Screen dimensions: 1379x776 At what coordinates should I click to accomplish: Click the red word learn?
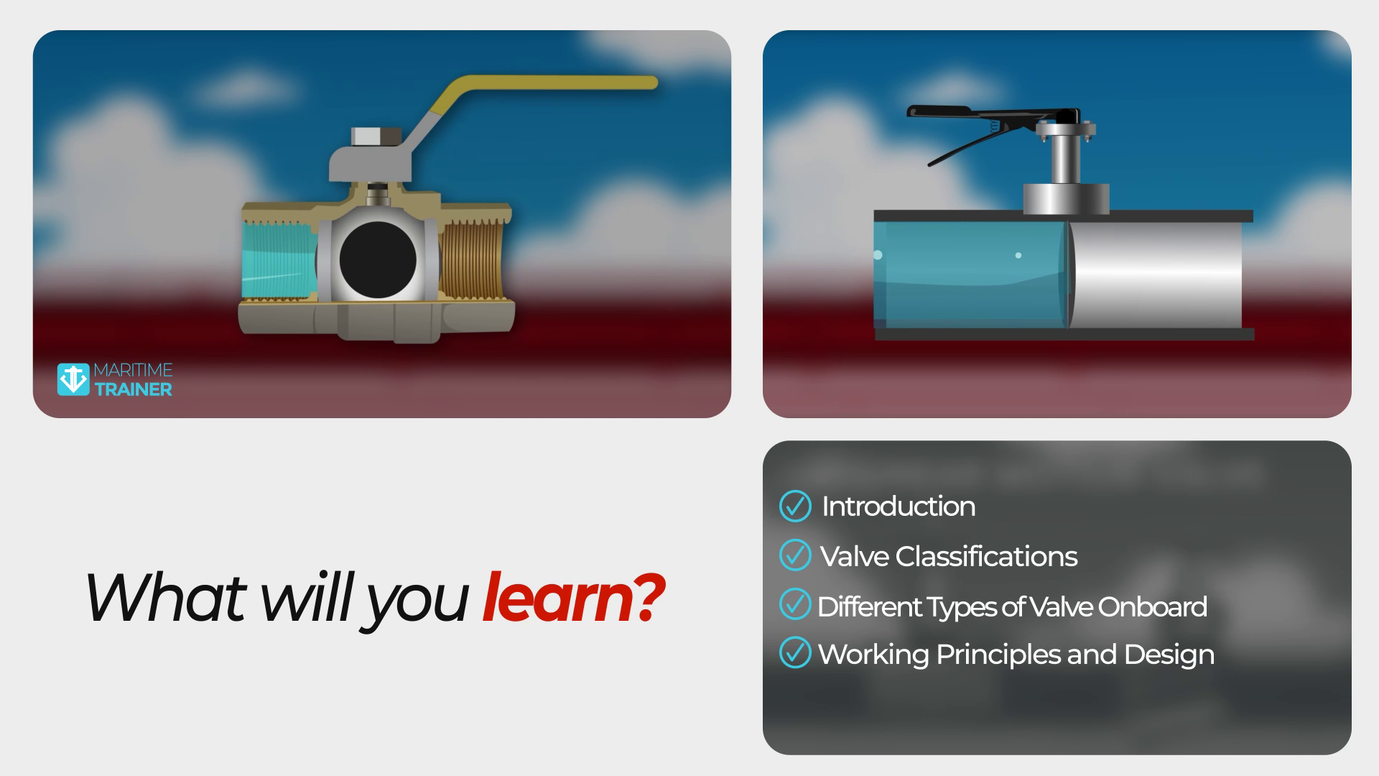[572, 598]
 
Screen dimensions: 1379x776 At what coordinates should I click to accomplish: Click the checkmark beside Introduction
[795, 506]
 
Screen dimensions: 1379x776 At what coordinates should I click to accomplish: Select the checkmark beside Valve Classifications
[795, 555]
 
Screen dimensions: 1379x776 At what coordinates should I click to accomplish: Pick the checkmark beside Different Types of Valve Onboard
[795, 604]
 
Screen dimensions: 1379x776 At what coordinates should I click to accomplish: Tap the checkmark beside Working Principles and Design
[795, 652]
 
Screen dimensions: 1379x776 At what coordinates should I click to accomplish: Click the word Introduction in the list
[899, 507]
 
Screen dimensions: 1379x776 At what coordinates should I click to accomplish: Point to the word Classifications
[986, 556]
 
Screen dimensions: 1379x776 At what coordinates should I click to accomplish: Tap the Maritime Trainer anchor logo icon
[73, 379]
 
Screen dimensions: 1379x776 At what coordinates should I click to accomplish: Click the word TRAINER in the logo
[134, 389]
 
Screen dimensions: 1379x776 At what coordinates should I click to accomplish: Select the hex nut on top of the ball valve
[376, 137]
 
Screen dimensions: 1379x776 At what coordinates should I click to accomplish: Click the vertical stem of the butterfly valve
[1066, 160]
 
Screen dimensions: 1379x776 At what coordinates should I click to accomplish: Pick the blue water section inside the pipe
[970, 274]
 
